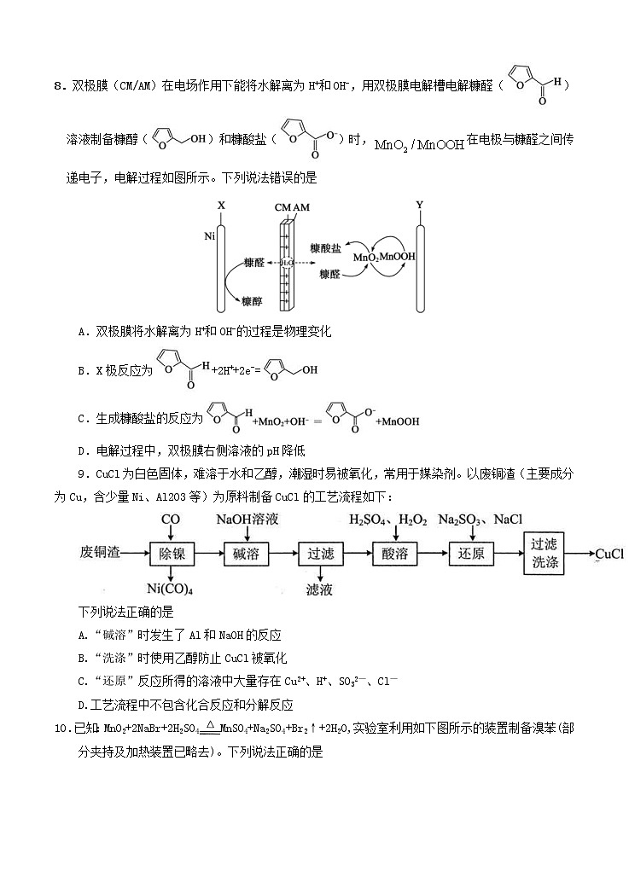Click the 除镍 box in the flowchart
coord(172,554)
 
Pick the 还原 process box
coord(471,554)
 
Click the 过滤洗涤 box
coord(546,554)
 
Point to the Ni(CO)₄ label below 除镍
coord(170,589)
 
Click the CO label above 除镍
coord(171,519)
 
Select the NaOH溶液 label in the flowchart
coord(248,519)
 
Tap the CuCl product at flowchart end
coord(609,554)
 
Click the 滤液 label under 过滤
coord(320,589)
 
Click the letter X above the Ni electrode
coord(220,206)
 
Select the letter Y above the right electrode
coord(419,206)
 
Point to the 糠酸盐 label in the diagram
coord(325,247)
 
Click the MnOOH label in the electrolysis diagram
coord(399,256)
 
